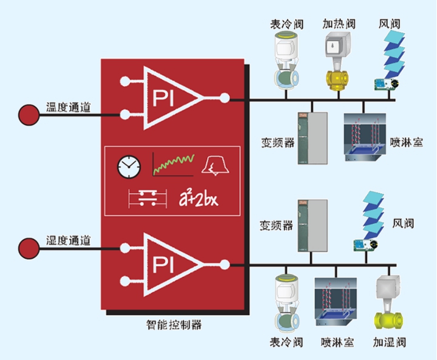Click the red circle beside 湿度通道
[27, 248]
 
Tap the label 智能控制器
[174, 324]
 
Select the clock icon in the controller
[129, 165]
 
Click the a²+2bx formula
[206, 197]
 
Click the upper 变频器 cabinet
[313, 138]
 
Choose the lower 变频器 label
[276, 225]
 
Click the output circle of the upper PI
[225, 97]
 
